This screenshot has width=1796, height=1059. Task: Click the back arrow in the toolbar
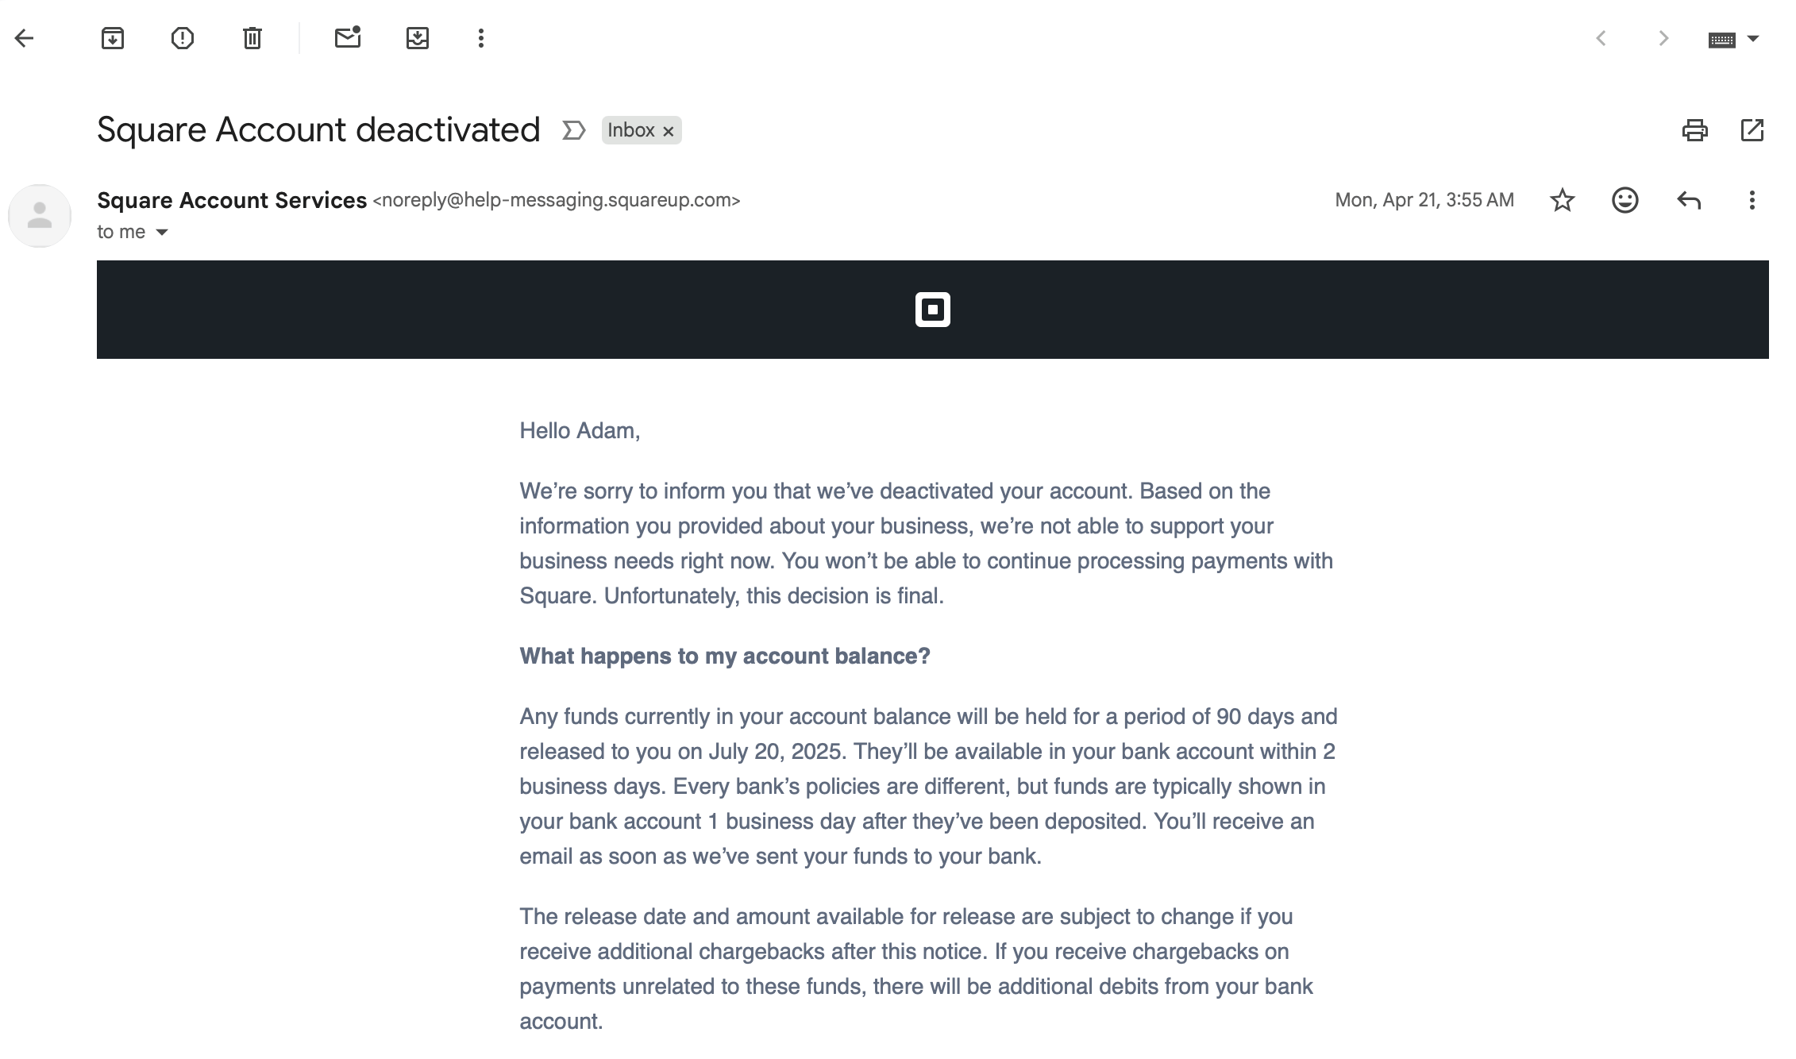point(25,38)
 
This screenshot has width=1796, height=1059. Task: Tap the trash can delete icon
point(252,38)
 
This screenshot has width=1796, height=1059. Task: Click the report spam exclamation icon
point(183,38)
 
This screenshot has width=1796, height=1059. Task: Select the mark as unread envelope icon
point(348,38)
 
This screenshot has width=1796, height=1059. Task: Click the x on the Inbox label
point(669,131)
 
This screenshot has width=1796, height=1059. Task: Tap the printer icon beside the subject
point(1694,130)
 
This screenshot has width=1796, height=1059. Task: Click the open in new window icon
point(1752,130)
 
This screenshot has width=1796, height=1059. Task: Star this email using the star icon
point(1562,200)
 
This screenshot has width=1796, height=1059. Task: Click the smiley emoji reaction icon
point(1624,200)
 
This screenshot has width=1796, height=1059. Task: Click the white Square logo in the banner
point(932,310)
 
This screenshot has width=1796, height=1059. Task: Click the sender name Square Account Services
point(232,200)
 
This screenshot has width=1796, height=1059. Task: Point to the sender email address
point(556,200)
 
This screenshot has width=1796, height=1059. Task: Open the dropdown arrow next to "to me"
point(162,233)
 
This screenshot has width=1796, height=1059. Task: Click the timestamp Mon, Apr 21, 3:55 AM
point(1424,200)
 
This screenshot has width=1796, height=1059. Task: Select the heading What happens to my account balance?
point(724,657)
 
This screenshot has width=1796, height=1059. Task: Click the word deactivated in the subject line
point(448,130)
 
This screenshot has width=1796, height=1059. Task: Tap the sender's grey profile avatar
point(40,216)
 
